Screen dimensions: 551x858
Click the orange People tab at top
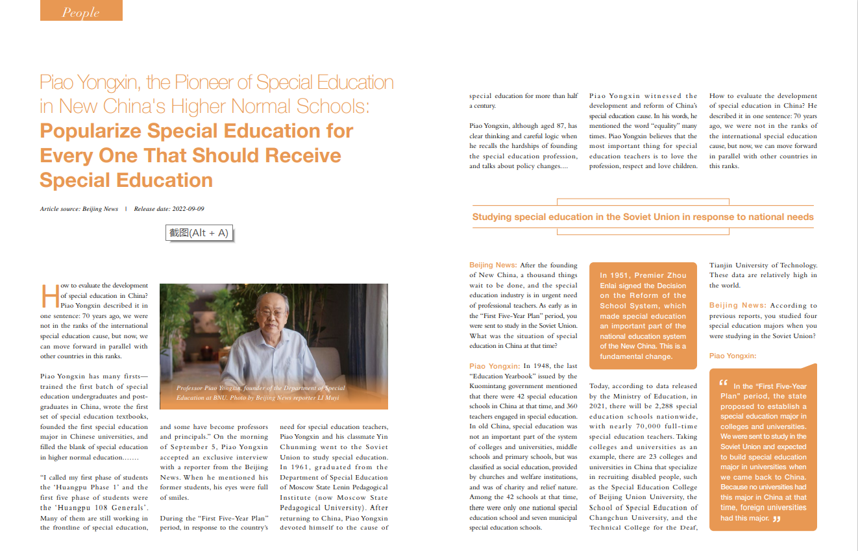(81, 11)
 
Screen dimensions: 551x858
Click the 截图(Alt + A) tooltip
(199, 233)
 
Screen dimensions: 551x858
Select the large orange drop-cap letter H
(49, 296)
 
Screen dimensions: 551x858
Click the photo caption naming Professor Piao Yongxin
(260, 393)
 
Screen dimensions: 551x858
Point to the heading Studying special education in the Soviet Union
(643, 217)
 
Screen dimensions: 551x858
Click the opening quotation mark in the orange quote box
(724, 384)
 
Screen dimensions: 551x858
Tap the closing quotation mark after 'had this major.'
(777, 519)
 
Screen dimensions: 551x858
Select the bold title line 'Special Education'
(126, 180)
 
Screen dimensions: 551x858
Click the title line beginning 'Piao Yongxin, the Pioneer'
(217, 82)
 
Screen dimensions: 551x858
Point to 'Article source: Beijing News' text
(79, 209)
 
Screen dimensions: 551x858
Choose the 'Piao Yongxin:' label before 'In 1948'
(495, 366)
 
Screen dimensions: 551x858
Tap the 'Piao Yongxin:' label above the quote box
(733, 356)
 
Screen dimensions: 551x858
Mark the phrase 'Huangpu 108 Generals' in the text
(99, 508)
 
